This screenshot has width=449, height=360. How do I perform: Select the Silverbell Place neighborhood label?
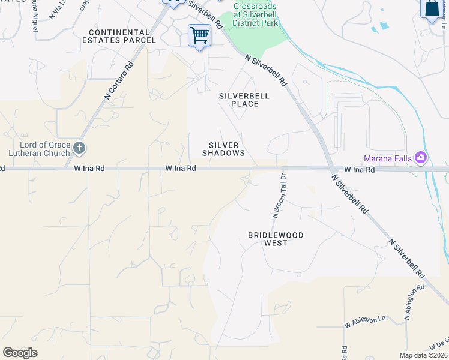[x=244, y=100]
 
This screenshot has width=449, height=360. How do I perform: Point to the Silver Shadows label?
[x=224, y=149]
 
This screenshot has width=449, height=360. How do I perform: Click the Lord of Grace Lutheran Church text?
[x=35, y=149]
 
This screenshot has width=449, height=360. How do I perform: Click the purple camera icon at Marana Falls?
[x=420, y=158]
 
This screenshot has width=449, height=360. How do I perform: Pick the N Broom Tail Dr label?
[x=278, y=195]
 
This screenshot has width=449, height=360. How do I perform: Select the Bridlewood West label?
[x=276, y=239]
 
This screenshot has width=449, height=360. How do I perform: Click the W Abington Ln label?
[x=364, y=322]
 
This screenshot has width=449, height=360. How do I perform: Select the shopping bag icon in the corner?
[x=432, y=9]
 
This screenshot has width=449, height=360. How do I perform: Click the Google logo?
[x=20, y=353]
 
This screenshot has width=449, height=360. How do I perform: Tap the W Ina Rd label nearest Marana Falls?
[x=359, y=170]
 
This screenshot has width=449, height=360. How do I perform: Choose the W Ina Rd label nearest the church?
[x=89, y=169]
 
